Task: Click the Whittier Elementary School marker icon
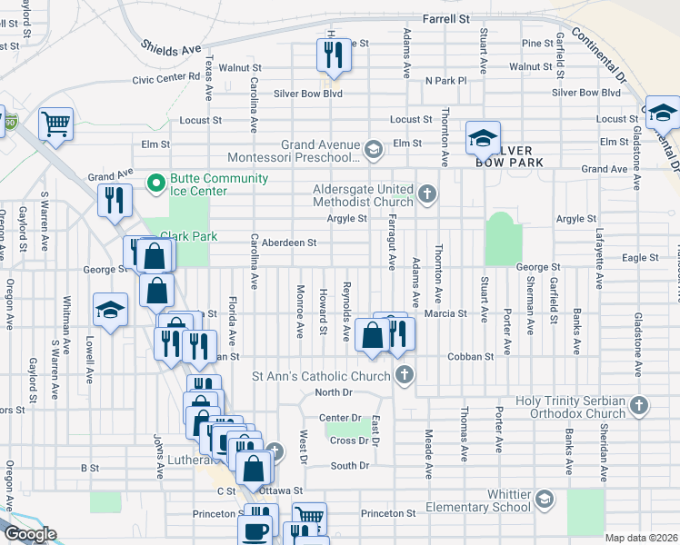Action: pyautogui.click(x=544, y=499)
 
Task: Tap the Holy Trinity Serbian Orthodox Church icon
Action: pyautogui.click(x=638, y=406)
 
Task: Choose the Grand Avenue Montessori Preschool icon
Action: pyautogui.click(x=373, y=149)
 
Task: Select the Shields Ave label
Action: pyautogui.click(x=170, y=46)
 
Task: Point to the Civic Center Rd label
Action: pyautogui.click(x=165, y=78)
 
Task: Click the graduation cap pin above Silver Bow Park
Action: pyautogui.click(x=483, y=138)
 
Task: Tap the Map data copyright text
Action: pyautogui.click(x=641, y=538)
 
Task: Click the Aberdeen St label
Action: pyautogui.click(x=289, y=243)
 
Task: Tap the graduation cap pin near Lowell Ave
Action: pyautogui.click(x=110, y=312)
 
